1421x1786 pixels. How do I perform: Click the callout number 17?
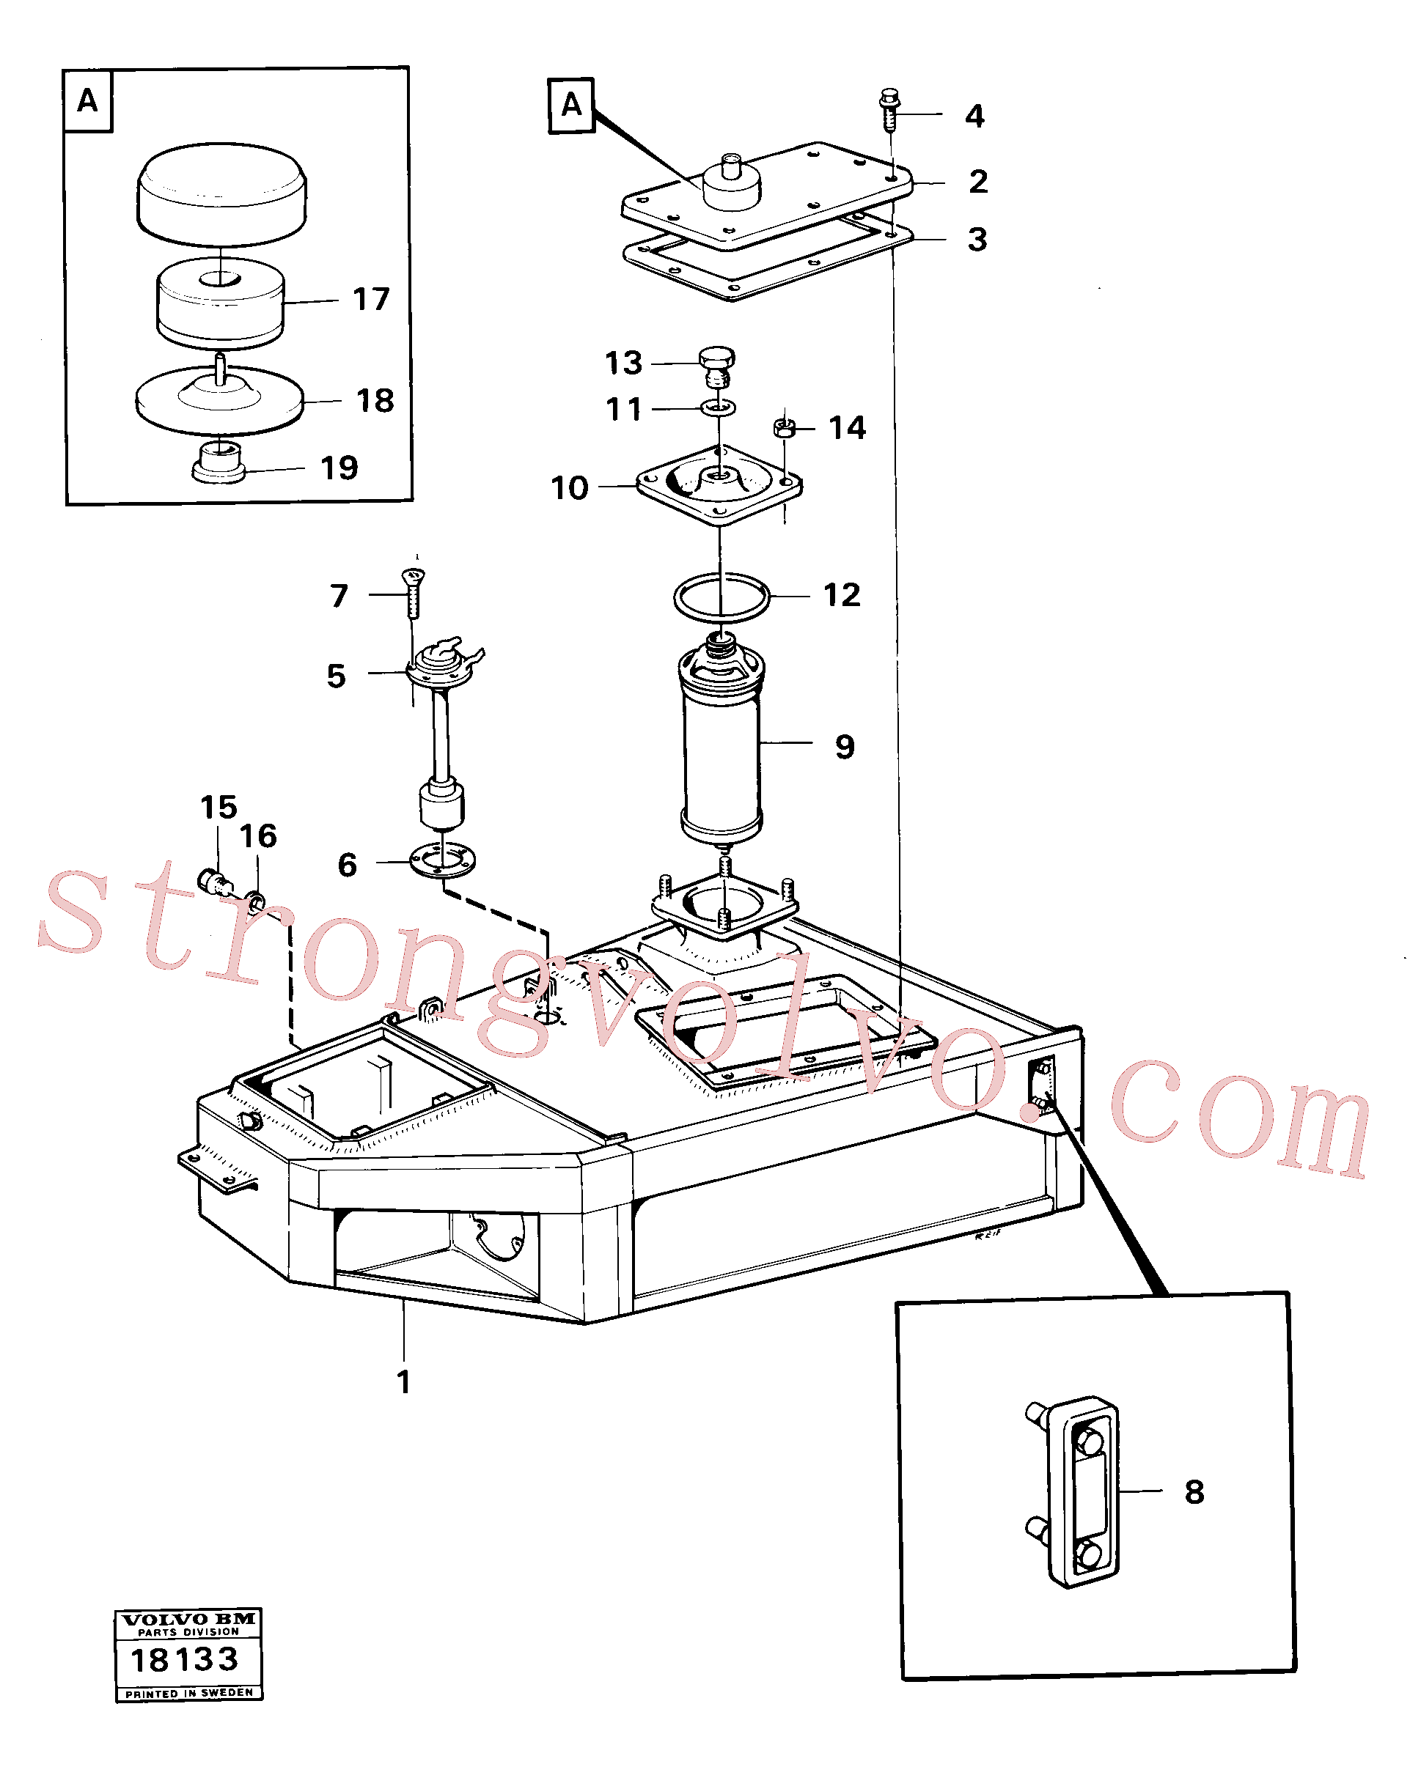coord(370,299)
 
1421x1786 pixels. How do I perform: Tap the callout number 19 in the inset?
coord(339,468)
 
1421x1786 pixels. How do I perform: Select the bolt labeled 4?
coord(889,109)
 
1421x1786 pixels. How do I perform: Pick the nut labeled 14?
coord(784,428)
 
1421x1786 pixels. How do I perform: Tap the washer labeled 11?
coord(719,407)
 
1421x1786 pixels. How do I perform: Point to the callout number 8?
coord(1194,1492)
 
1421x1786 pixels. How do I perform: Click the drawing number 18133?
coord(185,1659)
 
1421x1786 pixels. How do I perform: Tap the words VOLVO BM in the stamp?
coord(189,1619)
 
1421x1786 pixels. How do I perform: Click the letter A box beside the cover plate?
coord(571,106)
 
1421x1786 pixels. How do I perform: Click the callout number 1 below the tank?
coord(403,1381)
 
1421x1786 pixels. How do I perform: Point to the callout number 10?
coord(569,488)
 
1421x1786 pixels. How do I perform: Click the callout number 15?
coord(219,807)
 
